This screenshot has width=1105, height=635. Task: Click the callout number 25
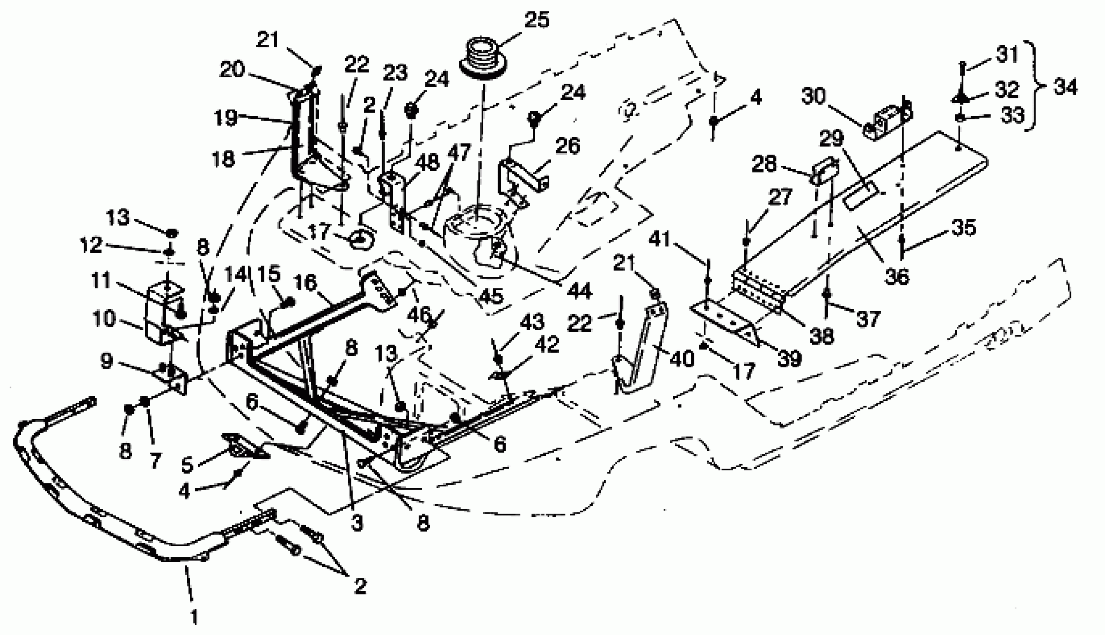click(537, 21)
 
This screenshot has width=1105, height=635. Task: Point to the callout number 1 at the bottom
click(194, 617)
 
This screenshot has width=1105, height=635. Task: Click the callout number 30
click(813, 96)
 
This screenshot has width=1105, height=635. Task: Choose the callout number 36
click(897, 276)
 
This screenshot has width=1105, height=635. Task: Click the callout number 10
click(104, 319)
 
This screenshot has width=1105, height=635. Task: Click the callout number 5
click(187, 465)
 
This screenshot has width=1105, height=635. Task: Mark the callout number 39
click(789, 359)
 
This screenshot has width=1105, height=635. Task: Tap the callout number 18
click(224, 159)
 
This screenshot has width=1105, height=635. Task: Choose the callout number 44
click(580, 291)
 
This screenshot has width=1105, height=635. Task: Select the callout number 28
click(764, 164)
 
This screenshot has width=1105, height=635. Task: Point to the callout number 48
click(428, 162)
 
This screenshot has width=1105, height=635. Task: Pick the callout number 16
click(305, 283)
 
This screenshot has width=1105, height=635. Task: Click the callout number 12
click(91, 245)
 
